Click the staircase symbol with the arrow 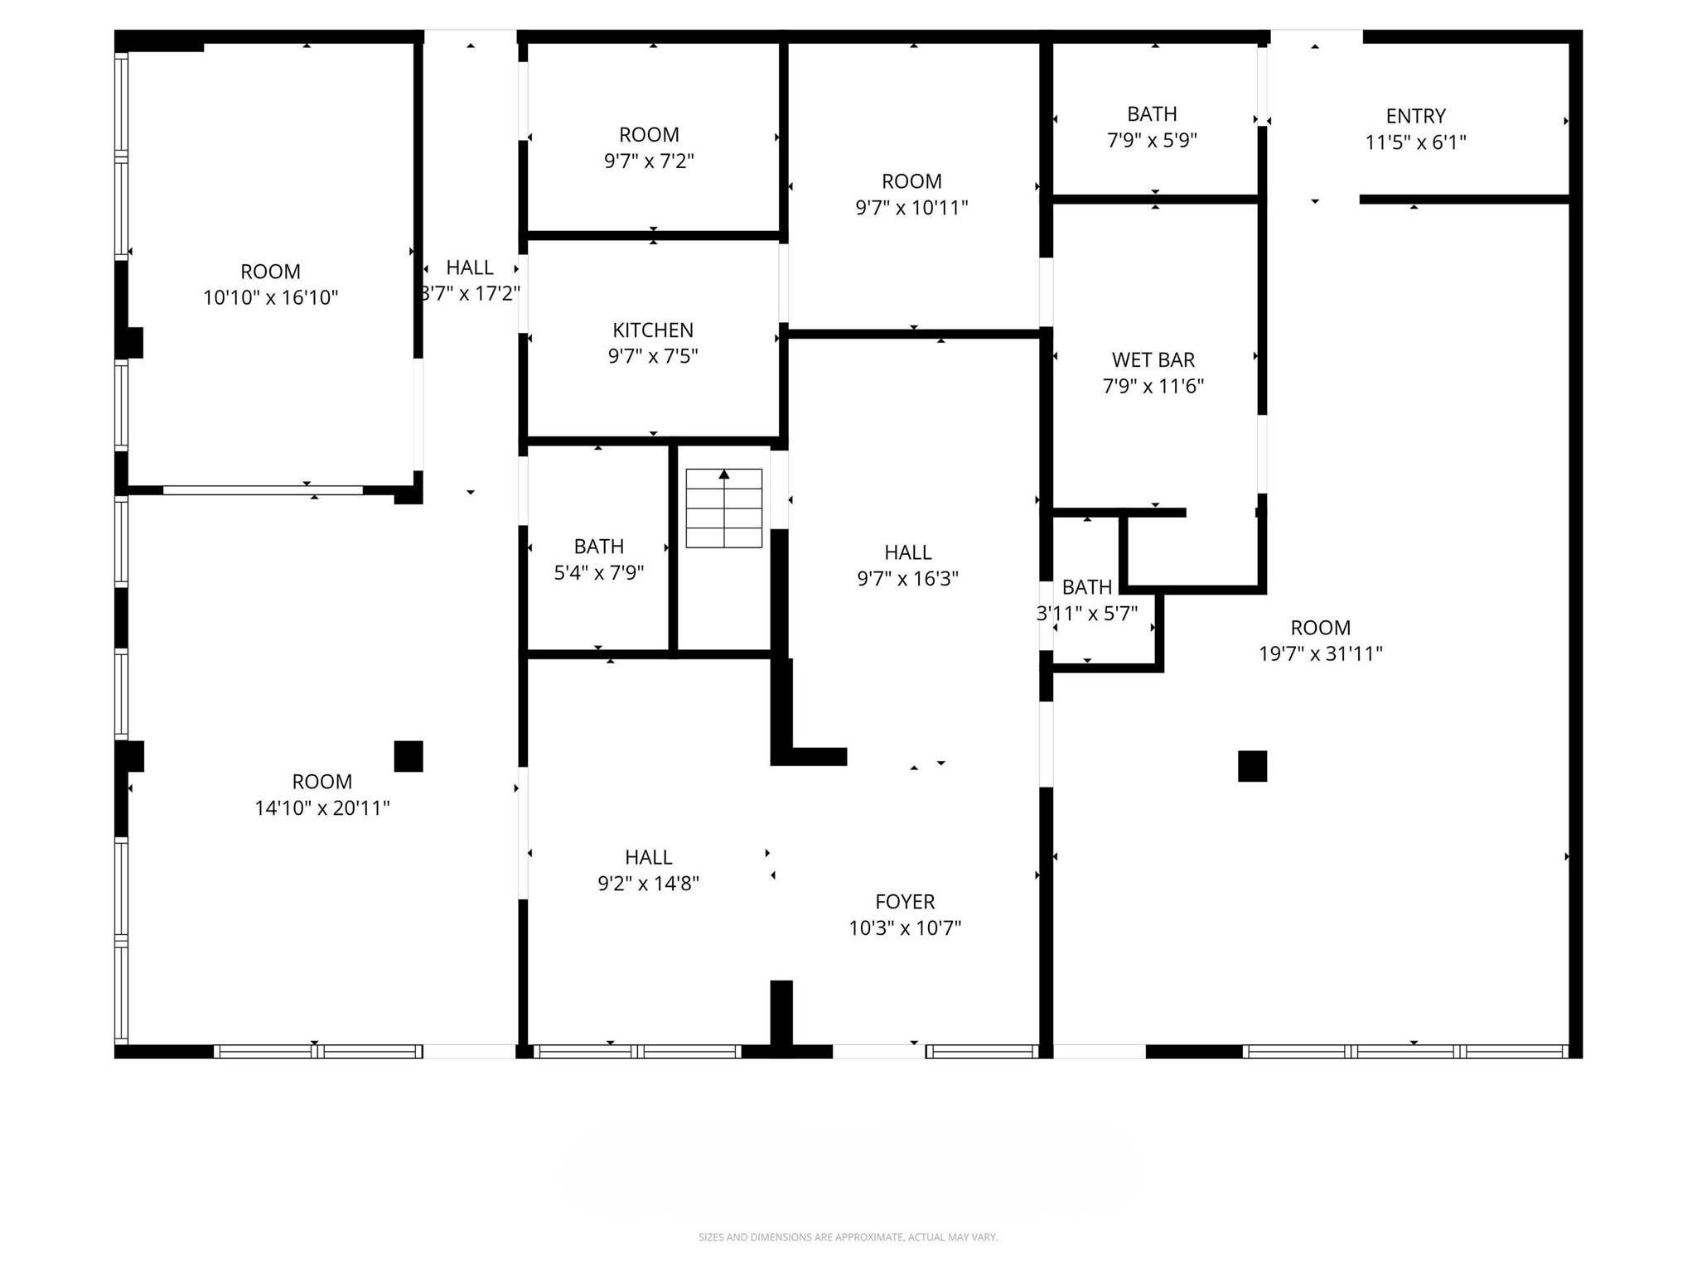(723, 508)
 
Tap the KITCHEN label (653, 330)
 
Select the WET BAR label (1153, 360)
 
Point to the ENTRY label (1415, 116)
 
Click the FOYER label (905, 902)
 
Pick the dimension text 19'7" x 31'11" (1320, 654)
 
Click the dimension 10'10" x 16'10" (271, 298)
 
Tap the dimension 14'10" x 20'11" (322, 808)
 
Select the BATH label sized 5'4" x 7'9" (598, 547)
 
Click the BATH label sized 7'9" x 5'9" (1152, 113)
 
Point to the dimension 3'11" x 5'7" (1087, 614)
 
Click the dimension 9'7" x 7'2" (649, 161)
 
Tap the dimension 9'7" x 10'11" (911, 208)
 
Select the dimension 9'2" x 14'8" (648, 884)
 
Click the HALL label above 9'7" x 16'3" (907, 552)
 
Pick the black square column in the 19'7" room (1252, 766)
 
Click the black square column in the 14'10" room (408, 756)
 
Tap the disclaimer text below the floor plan (848, 1237)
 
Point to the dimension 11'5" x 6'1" (1415, 142)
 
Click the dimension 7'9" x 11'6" (1153, 387)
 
